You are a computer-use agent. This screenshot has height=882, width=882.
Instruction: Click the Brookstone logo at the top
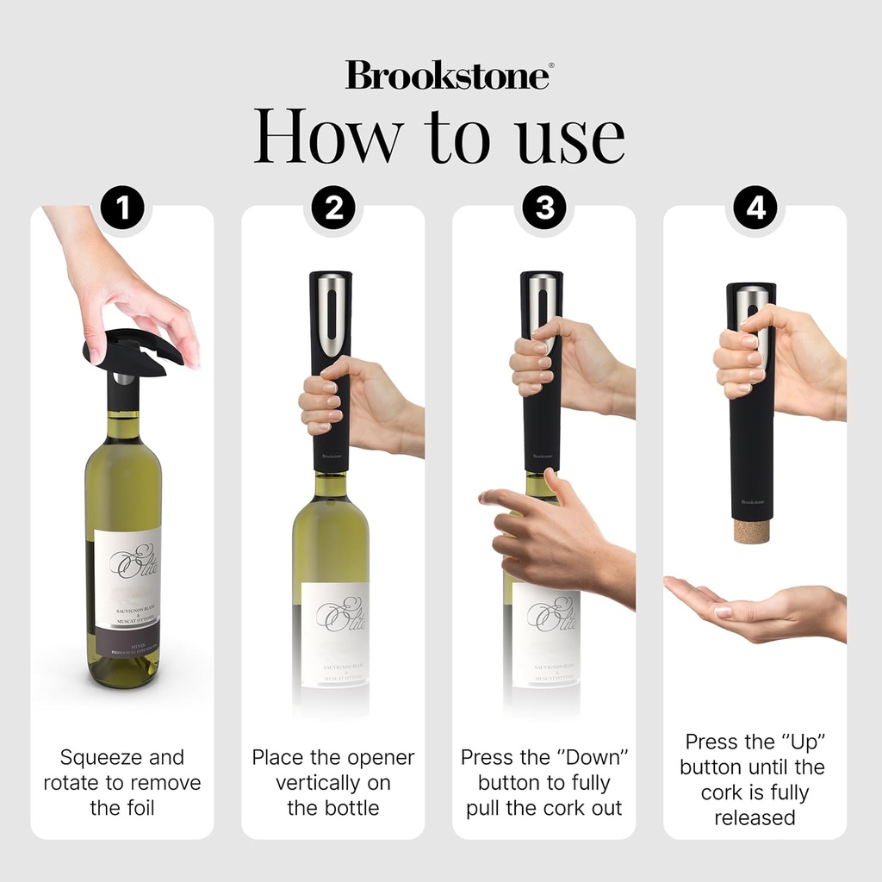click(448, 75)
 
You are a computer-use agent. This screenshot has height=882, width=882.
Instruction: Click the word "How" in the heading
click(328, 136)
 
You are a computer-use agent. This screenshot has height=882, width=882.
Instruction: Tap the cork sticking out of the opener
click(752, 528)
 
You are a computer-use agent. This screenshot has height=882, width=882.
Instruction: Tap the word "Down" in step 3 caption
click(593, 758)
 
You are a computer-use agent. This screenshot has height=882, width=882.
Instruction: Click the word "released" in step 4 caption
click(755, 817)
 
